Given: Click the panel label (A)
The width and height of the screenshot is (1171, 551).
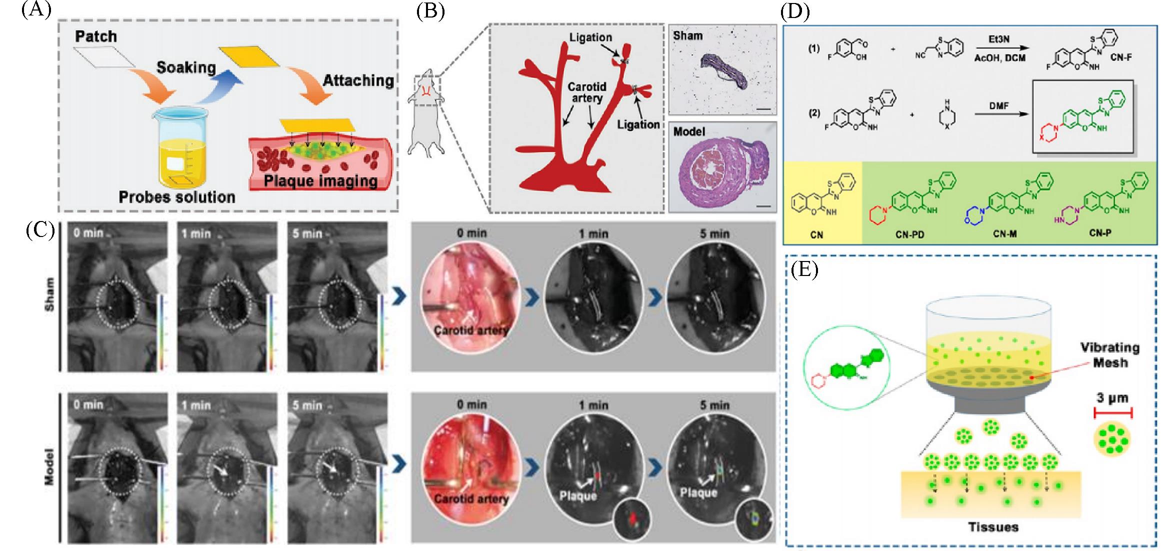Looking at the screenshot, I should point(36,10).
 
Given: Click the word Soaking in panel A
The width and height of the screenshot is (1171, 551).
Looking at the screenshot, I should point(186,67).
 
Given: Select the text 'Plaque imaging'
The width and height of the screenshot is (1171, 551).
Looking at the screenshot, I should point(320,181).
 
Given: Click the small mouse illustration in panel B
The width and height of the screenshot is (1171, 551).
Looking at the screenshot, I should point(425,115).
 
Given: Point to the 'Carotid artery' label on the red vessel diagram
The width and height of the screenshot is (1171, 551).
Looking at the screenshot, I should point(586,92).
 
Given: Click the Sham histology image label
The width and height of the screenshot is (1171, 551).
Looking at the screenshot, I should point(687,36).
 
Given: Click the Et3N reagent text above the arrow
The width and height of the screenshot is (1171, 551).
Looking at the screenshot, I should point(999,39).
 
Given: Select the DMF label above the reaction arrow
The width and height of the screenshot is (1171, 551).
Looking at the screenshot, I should point(998,106).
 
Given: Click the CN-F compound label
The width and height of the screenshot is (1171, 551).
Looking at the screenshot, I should point(1121,57).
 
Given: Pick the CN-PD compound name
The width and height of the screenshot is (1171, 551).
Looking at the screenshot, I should point(909,234).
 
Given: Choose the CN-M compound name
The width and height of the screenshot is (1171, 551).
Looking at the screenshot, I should point(1005,233).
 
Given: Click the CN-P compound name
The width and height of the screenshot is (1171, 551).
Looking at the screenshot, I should point(1100,233).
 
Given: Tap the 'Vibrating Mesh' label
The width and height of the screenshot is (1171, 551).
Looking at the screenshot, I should point(1109,354).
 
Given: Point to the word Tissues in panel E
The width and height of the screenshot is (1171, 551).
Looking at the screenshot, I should point(993,527).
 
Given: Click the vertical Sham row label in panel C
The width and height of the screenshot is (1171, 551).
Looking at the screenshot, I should point(49,295).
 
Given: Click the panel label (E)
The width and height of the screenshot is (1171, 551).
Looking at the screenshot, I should point(804,270).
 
